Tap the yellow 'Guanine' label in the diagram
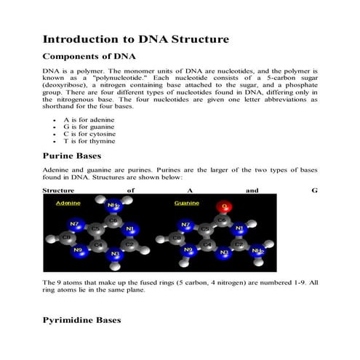[x=186, y=204]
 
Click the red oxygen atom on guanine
[x=225, y=208]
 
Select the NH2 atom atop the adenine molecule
[x=113, y=206]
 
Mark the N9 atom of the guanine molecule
[x=188, y=249]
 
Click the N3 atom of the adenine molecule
[x=113, y=255]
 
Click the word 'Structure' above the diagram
[x=60, y=190]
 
